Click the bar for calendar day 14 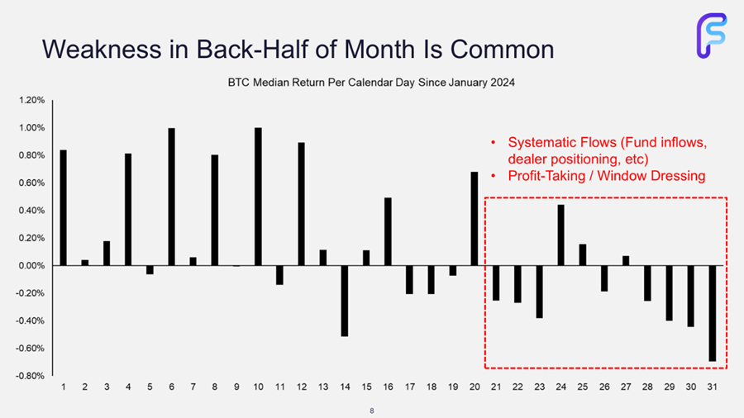(x=345, y=301)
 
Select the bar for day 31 (x=713, y=313)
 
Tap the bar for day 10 (x=258, y=197)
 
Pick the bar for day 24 (x=560, y=235)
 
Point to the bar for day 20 (x=475, y=218)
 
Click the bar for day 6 (x=172, y=197)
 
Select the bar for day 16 (x=389, y=232)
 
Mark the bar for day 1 (x=63, y=207)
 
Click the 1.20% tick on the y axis (x=31, y=100)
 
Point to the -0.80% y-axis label (x=31, y=376)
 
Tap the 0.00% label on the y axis (x=31, y=266)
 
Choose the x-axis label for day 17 (x=410, y=387)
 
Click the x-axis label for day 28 (x=647, y=387)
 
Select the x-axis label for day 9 (x=236, y=387)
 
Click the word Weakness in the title (x=102, y=49)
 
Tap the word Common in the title (x=502, y=50)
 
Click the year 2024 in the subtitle (x=503, y=83)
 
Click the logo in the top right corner (x=712, y=36)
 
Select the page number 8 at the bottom (x=372, y=411)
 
